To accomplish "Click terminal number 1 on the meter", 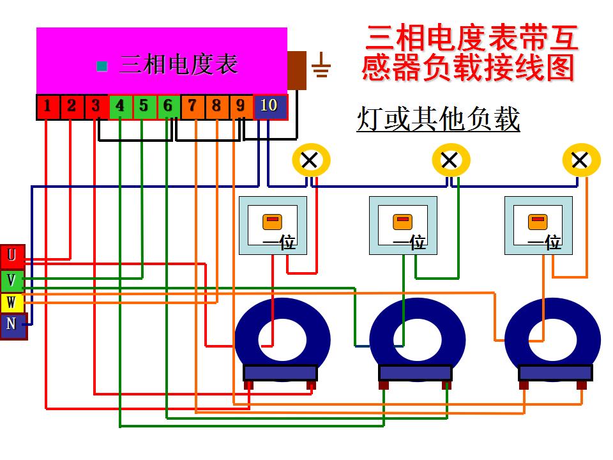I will (x=47, y=107).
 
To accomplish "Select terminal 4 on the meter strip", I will (x=120, y=107).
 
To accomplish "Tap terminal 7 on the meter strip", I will (x=192, y=107).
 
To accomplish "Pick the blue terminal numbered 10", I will (x=269, y=106).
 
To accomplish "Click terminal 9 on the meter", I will (x=240, y=107).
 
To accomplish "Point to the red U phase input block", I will (x=12, y=257).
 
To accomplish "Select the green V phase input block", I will (x=12, y=280).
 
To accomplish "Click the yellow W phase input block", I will (x=12, y=302).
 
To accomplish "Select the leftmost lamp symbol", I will (x=310, y=160).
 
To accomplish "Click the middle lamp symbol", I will (x=450, y=160).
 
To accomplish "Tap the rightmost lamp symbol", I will (x=580, y=160).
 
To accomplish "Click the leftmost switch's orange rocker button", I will (x=272, y=222).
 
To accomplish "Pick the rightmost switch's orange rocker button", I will (x=538, y=222).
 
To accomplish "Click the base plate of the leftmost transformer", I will (x=280, y=372).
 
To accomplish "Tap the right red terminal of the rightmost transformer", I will (x=581, y=385).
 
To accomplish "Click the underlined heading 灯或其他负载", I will (x=438, y=119).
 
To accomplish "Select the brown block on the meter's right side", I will (x=297, y=70).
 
